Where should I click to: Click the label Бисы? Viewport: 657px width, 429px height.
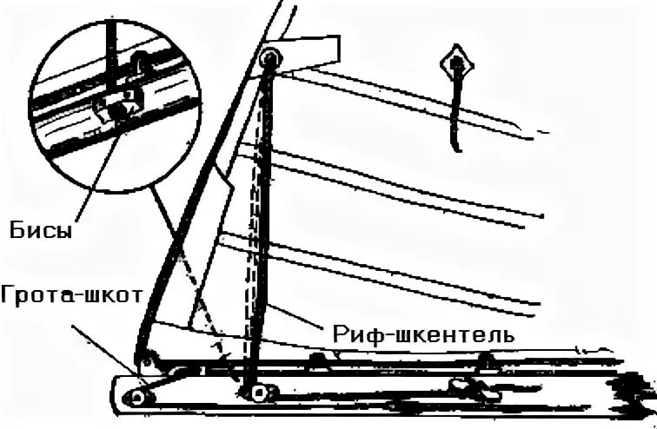[x=41, y=231]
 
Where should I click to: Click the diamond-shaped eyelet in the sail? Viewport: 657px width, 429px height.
[x=456, y=63]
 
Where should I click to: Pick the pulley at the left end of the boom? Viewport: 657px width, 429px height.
[x=137, y=396]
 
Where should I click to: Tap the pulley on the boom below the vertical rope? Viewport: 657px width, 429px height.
[x=256, y=394]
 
